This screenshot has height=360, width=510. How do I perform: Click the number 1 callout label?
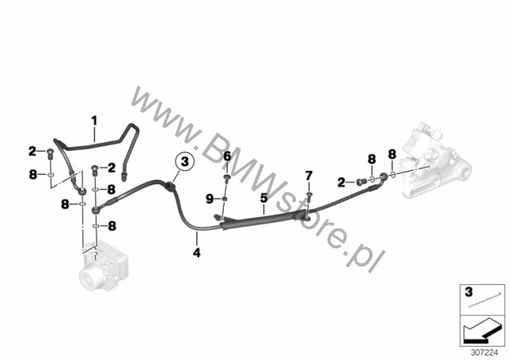point(94,119)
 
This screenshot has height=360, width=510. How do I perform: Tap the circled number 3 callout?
point(184,161)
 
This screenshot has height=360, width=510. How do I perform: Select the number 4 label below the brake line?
point(196,253)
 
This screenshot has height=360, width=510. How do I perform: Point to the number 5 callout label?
point(263,199)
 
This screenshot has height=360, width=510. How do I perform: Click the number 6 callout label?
point(227,156)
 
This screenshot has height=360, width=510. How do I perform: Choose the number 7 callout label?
point(309,176)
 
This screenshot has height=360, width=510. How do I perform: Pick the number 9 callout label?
point(210,198)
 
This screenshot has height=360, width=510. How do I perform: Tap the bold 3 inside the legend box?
point(469,292)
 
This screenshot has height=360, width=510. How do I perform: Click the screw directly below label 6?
point(227,177)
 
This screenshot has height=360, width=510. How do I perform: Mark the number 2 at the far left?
point(32,152)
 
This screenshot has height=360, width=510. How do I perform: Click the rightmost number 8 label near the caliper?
point(392,155)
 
